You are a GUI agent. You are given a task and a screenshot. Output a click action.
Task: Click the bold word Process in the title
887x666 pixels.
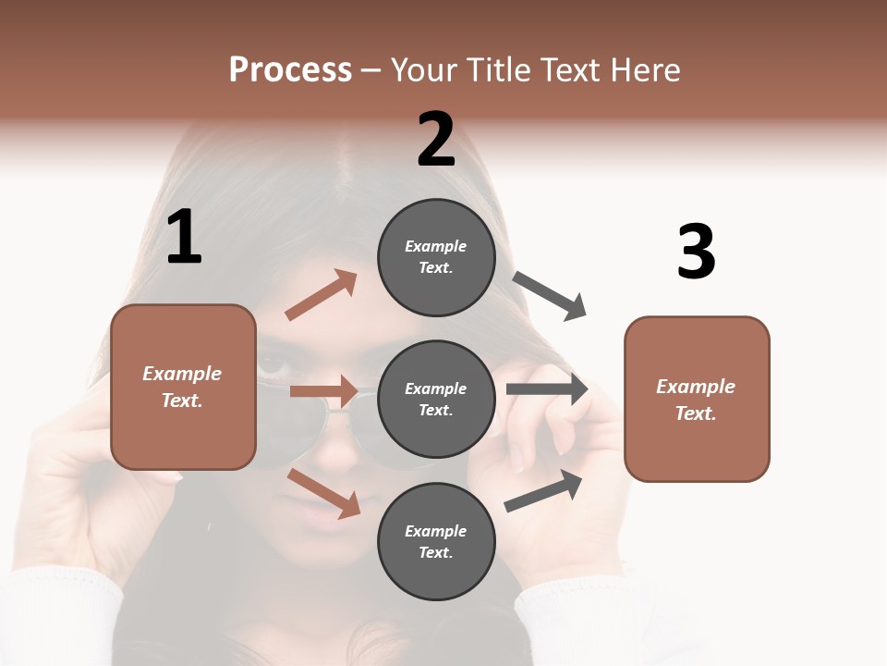coord(290,70)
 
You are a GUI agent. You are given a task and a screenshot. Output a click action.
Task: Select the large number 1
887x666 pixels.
coord(184,238)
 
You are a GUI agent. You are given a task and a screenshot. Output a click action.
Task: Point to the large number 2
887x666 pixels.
coord(436,140)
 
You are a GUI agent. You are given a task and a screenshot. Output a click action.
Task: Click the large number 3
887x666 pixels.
coord(696,252)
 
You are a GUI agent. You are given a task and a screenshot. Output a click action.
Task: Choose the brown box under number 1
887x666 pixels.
coord(183,387)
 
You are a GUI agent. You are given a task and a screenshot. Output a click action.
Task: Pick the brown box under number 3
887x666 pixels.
coord(697,399)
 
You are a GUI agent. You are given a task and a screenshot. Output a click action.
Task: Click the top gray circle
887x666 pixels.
coord(436,257)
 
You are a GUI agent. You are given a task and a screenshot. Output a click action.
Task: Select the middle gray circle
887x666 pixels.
coord(436,399)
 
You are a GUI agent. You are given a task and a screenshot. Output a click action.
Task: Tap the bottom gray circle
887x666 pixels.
coord(436,541)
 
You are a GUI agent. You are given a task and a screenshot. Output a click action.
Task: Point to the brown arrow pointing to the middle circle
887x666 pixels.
coord(323,391)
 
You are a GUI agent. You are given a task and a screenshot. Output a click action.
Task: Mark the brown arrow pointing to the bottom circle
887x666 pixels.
coord(323,493)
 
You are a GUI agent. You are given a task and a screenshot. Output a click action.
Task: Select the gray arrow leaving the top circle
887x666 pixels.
coord(550,296)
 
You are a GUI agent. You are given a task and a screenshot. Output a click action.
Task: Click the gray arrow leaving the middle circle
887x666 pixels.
coord(547,388)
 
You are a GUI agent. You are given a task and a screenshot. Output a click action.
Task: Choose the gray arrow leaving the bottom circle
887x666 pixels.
coord(543,491)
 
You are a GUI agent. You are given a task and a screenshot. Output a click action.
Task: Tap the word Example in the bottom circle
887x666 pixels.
coord(436,531)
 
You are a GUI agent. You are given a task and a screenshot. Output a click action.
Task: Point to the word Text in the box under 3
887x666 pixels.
coord(696,413)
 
